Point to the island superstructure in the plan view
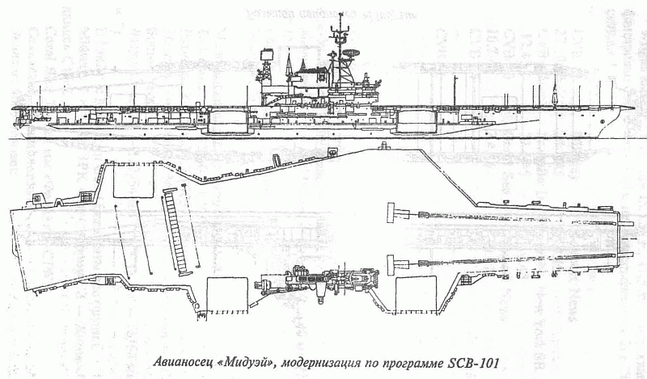(315, 284)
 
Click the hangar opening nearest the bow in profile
(421, 120)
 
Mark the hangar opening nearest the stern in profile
(226, 122)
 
